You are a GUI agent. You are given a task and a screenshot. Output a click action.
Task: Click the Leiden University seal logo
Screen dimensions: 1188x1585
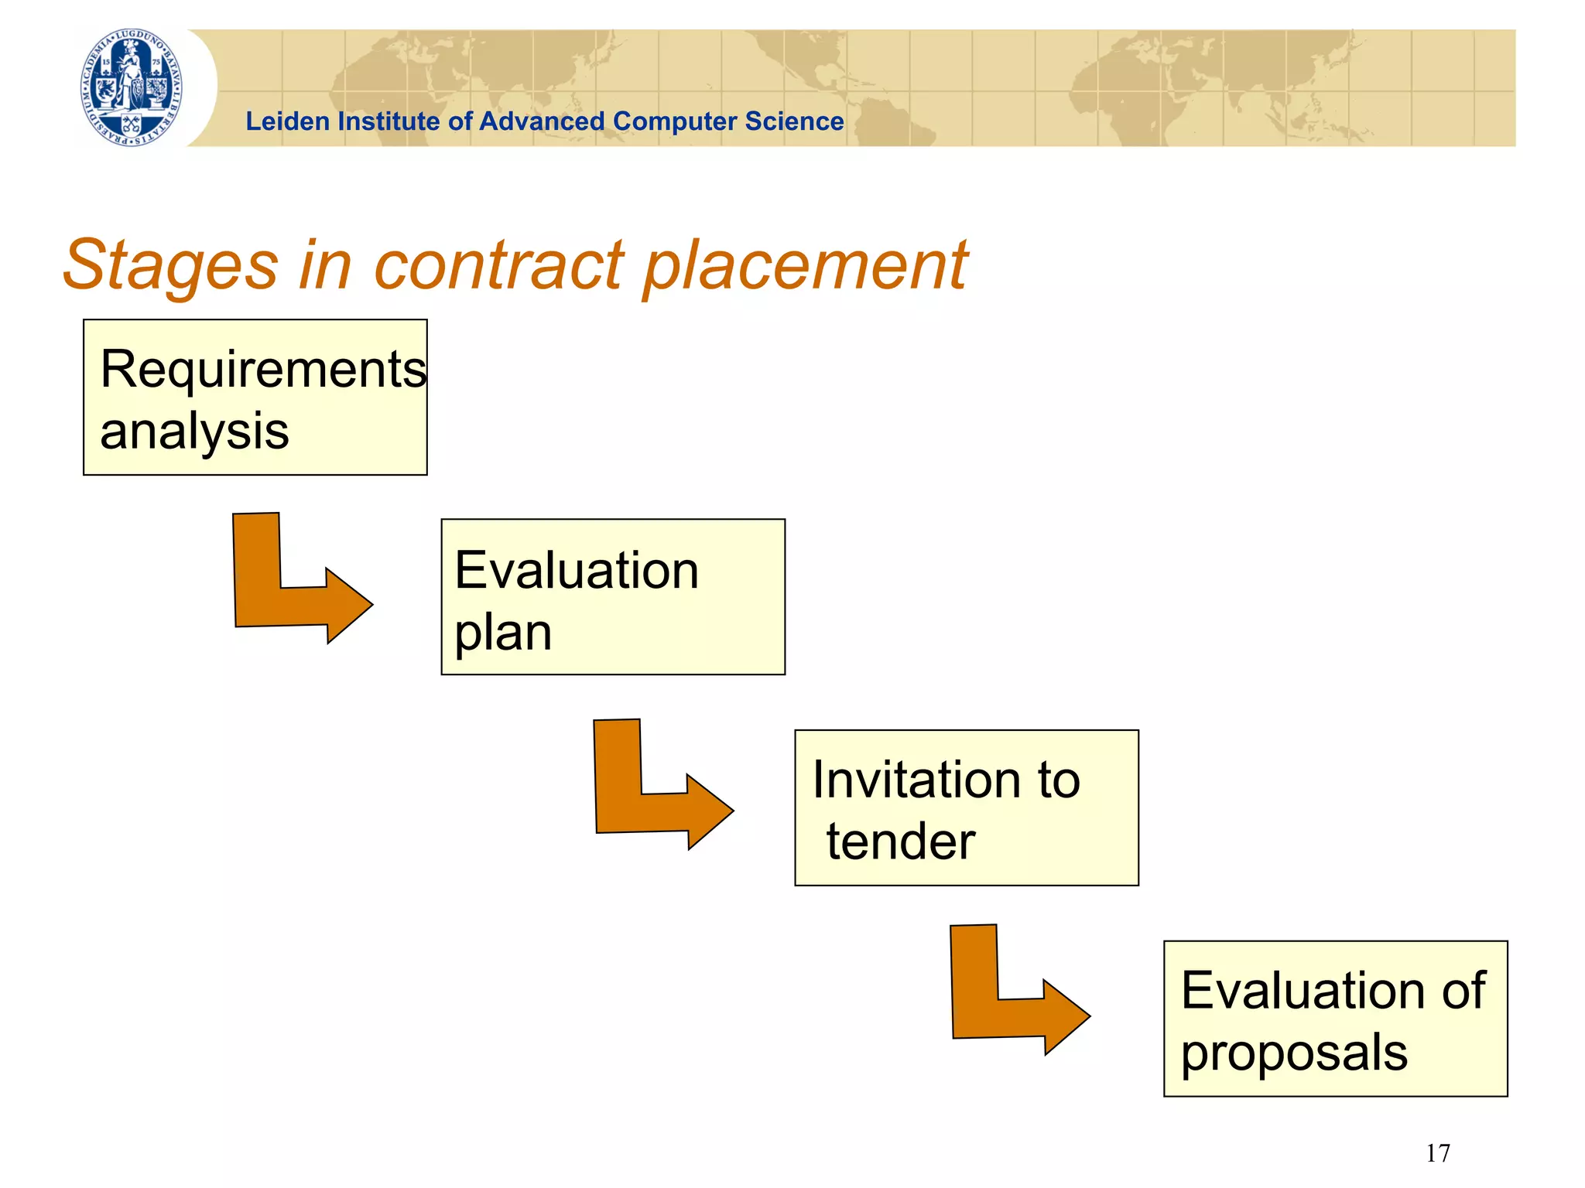(132, 87)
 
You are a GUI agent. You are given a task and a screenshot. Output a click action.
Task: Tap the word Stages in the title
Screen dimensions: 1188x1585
(170, 265)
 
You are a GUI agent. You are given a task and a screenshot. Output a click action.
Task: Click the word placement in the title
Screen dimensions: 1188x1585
(805, 265)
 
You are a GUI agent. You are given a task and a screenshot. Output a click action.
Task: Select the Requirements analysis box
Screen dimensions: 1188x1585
(255, 397)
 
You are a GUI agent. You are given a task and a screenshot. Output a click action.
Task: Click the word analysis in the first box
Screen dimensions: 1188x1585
(194, 431)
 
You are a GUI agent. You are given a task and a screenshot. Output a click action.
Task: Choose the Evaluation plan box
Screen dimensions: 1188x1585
(612, 596)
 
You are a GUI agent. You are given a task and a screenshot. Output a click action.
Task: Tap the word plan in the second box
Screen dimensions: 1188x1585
(503, 633)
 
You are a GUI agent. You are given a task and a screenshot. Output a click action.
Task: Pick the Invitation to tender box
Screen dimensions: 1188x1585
(966, 807)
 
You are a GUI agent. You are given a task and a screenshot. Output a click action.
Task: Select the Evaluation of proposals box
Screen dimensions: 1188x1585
(1335, 1018)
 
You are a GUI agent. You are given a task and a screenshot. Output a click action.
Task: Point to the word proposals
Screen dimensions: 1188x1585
(1294, 1053)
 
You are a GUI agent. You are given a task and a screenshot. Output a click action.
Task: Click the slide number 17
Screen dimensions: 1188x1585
(1438, 1153)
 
